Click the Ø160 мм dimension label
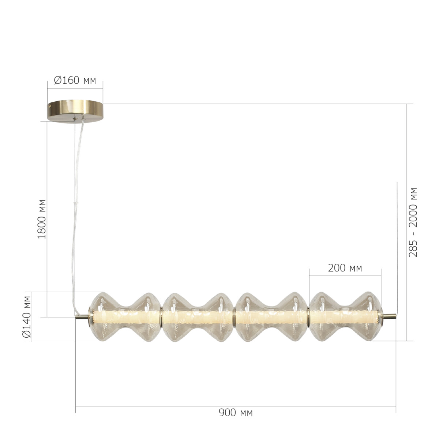tap(75, 80)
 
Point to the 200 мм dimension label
tap(345, 268)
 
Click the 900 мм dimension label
tap(236, 413)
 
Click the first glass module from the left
tap(125, 317)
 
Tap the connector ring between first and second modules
tap(161, 317)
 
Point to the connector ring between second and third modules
tap(234, 317)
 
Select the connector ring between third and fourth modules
tap(308, 317)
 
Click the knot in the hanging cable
tap(76, 202)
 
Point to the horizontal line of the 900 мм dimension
tap(236, 406)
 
